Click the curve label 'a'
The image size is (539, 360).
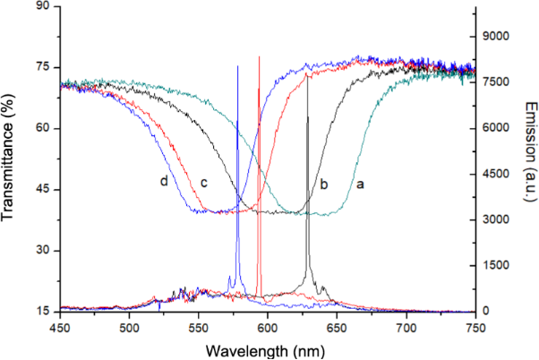point(361,183)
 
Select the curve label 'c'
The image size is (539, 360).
point(204,184)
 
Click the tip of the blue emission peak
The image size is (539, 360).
point(237,66)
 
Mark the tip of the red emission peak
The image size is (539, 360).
point(259,56)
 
